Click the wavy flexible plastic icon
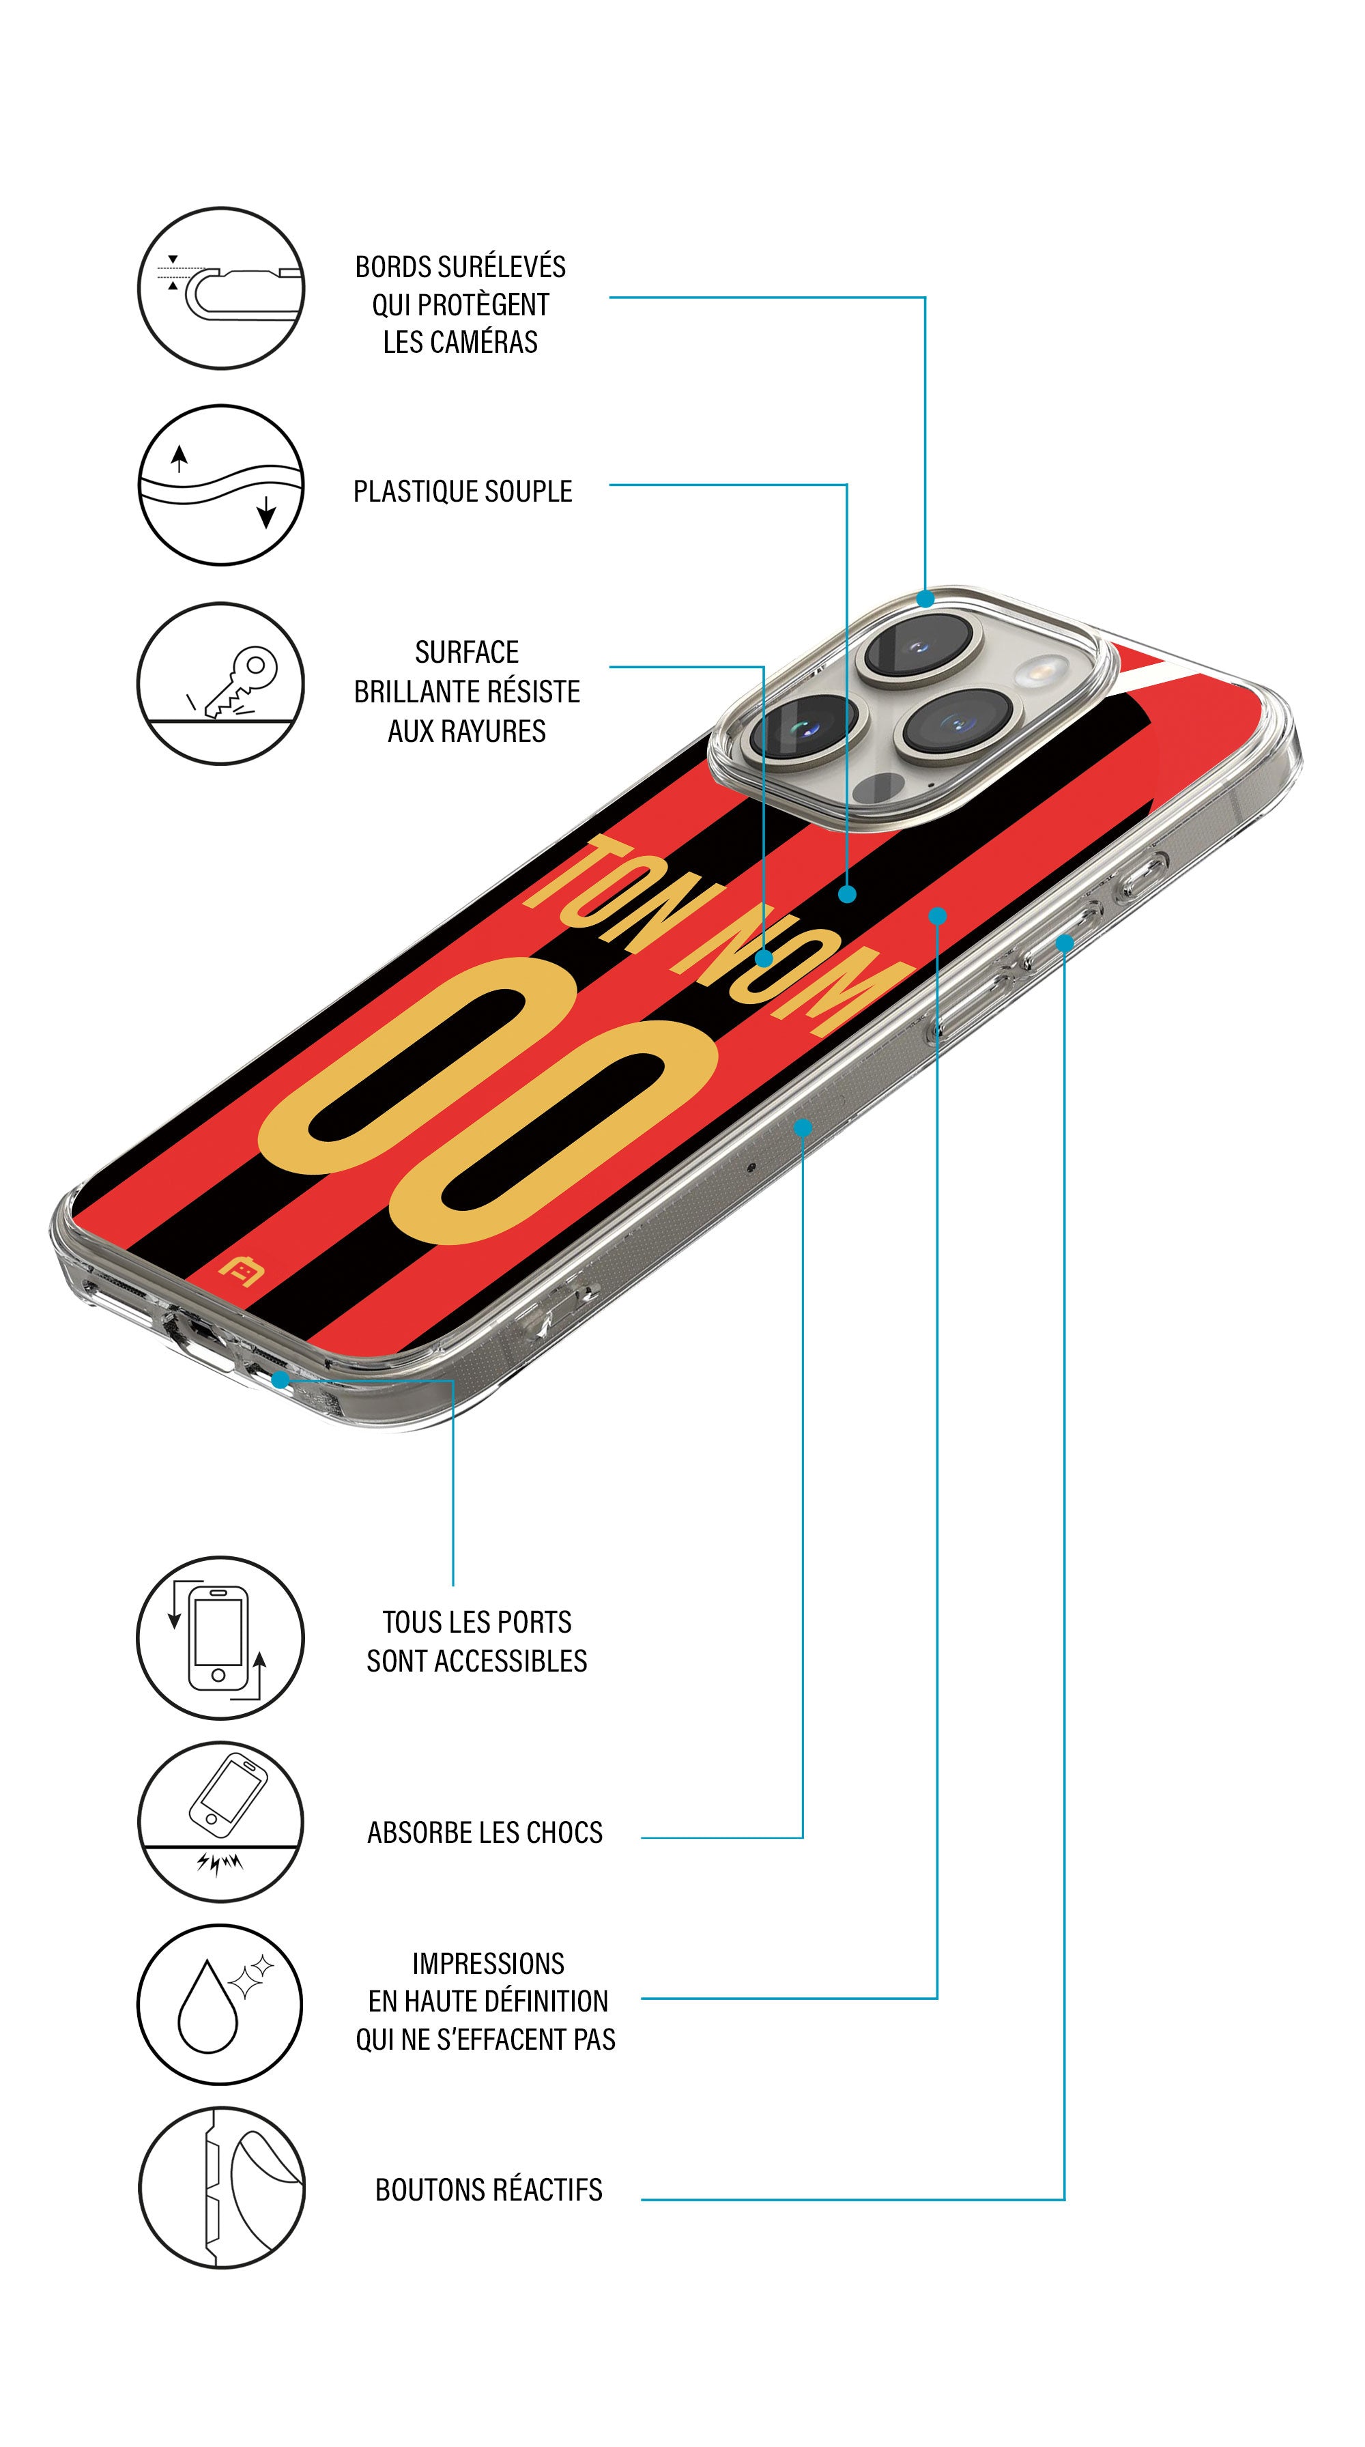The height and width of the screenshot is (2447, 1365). tap(221, 485)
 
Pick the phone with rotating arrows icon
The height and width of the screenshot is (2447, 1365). tap(220, 1637)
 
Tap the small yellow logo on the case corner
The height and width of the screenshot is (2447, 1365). tap(240, 1271)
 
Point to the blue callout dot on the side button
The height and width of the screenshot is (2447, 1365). tap(1064, 943)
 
